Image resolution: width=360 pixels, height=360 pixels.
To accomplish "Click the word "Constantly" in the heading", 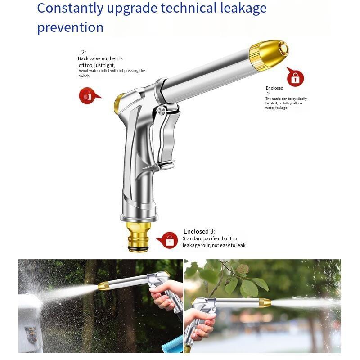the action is pyautogui.click(x=70, y=9).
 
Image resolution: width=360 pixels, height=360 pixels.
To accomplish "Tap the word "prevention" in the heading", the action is pyautogui.click(x=70, y=28).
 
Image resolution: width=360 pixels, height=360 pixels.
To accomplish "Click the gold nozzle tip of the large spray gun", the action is pyautogui.click(x=269, y=54).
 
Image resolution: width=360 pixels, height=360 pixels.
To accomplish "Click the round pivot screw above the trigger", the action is pyautogui.click(x=162, y=111).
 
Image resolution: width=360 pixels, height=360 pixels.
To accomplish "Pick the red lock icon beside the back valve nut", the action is pyautogui.click(x=88, y=95).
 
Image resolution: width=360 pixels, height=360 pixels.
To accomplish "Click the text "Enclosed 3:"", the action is pyautogui.click(x=199, y=231).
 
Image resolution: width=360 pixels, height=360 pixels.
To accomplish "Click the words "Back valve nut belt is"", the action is pyautogui.click(x=100, y=58).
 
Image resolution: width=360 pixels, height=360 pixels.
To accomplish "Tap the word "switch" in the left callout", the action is pyautogui.click(x=84, y=76).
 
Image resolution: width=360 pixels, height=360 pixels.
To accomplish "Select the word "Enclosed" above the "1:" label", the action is pyautogui.click(x=274, y=88).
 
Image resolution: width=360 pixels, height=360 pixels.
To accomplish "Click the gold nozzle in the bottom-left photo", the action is pyautogui.click(x=104, y=286).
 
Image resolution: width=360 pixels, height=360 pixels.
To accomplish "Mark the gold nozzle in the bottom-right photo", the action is pyautogui.click(x=265, y=303).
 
